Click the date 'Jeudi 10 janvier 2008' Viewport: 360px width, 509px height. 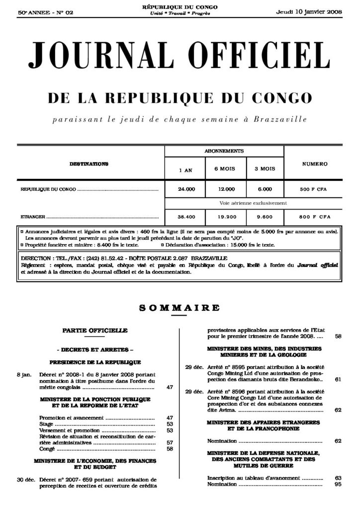coord(308,12)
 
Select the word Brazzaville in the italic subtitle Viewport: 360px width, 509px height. coord(280,120)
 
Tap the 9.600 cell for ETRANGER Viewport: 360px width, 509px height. coord(265,217)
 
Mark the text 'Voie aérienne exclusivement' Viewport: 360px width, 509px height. coord(253,203)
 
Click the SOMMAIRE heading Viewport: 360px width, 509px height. coord(180,308)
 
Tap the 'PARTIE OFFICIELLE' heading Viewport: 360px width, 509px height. coord(95,330)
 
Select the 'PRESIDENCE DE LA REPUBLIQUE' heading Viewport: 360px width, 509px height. coord(95,362)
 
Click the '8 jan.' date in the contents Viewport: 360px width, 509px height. coord(24,374)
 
